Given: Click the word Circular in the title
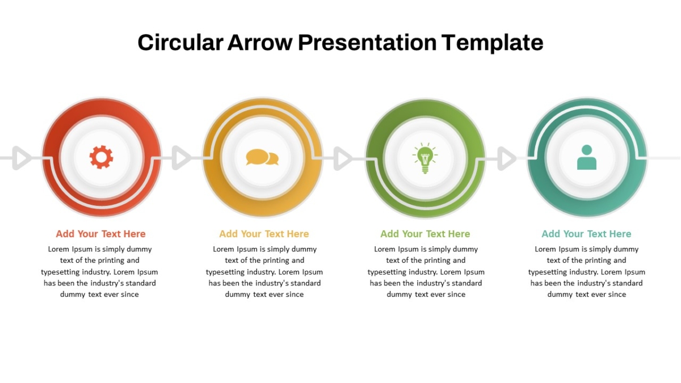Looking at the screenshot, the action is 180,43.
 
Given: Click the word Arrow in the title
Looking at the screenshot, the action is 260,43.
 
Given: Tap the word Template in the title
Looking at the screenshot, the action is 493,43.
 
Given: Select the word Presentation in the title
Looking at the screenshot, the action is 367,43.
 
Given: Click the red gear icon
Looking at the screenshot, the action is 101,157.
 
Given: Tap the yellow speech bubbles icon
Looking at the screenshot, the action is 262,157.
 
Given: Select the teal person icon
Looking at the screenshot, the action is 587,158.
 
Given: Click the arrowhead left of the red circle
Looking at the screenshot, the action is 22,158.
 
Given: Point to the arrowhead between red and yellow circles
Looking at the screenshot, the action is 182,158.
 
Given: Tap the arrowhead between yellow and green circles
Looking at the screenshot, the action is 343,158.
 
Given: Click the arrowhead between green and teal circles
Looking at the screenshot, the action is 507,158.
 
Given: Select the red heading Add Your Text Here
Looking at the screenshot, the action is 100,234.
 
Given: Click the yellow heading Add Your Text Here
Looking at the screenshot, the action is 264,234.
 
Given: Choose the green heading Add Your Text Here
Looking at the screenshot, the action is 425,234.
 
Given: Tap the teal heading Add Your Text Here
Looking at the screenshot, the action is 586,234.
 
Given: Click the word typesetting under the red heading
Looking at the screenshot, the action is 60,272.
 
